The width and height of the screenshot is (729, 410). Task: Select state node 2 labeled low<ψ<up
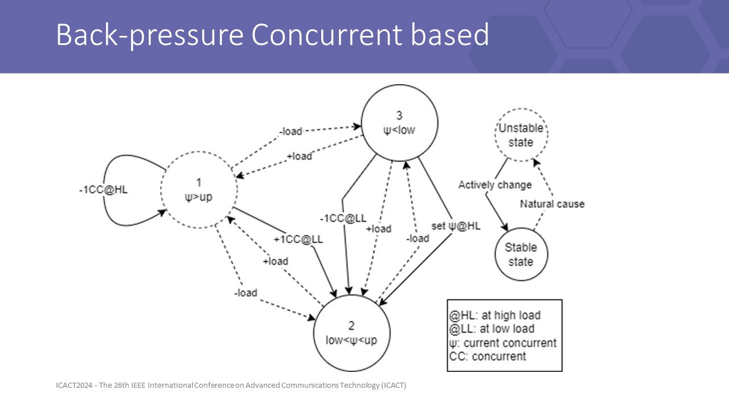coord(351,333)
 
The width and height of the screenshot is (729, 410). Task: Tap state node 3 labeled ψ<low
coord(399,123)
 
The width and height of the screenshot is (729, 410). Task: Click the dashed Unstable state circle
coord(521,135)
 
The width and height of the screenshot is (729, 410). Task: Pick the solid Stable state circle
coord(521,255)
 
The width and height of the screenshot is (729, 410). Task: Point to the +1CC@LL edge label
coord(298,239)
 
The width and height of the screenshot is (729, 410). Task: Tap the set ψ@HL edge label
coord(456,226)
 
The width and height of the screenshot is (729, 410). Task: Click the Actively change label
coord(495,184)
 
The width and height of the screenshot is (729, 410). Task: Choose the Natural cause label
coord(552,204)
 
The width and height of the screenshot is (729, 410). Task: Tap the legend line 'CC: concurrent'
coord(488,356)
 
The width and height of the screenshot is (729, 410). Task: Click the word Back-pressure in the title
coord(149,35)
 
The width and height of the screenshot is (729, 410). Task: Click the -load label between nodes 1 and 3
coord(290,132)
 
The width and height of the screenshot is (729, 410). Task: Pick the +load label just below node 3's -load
coord(299,155)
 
